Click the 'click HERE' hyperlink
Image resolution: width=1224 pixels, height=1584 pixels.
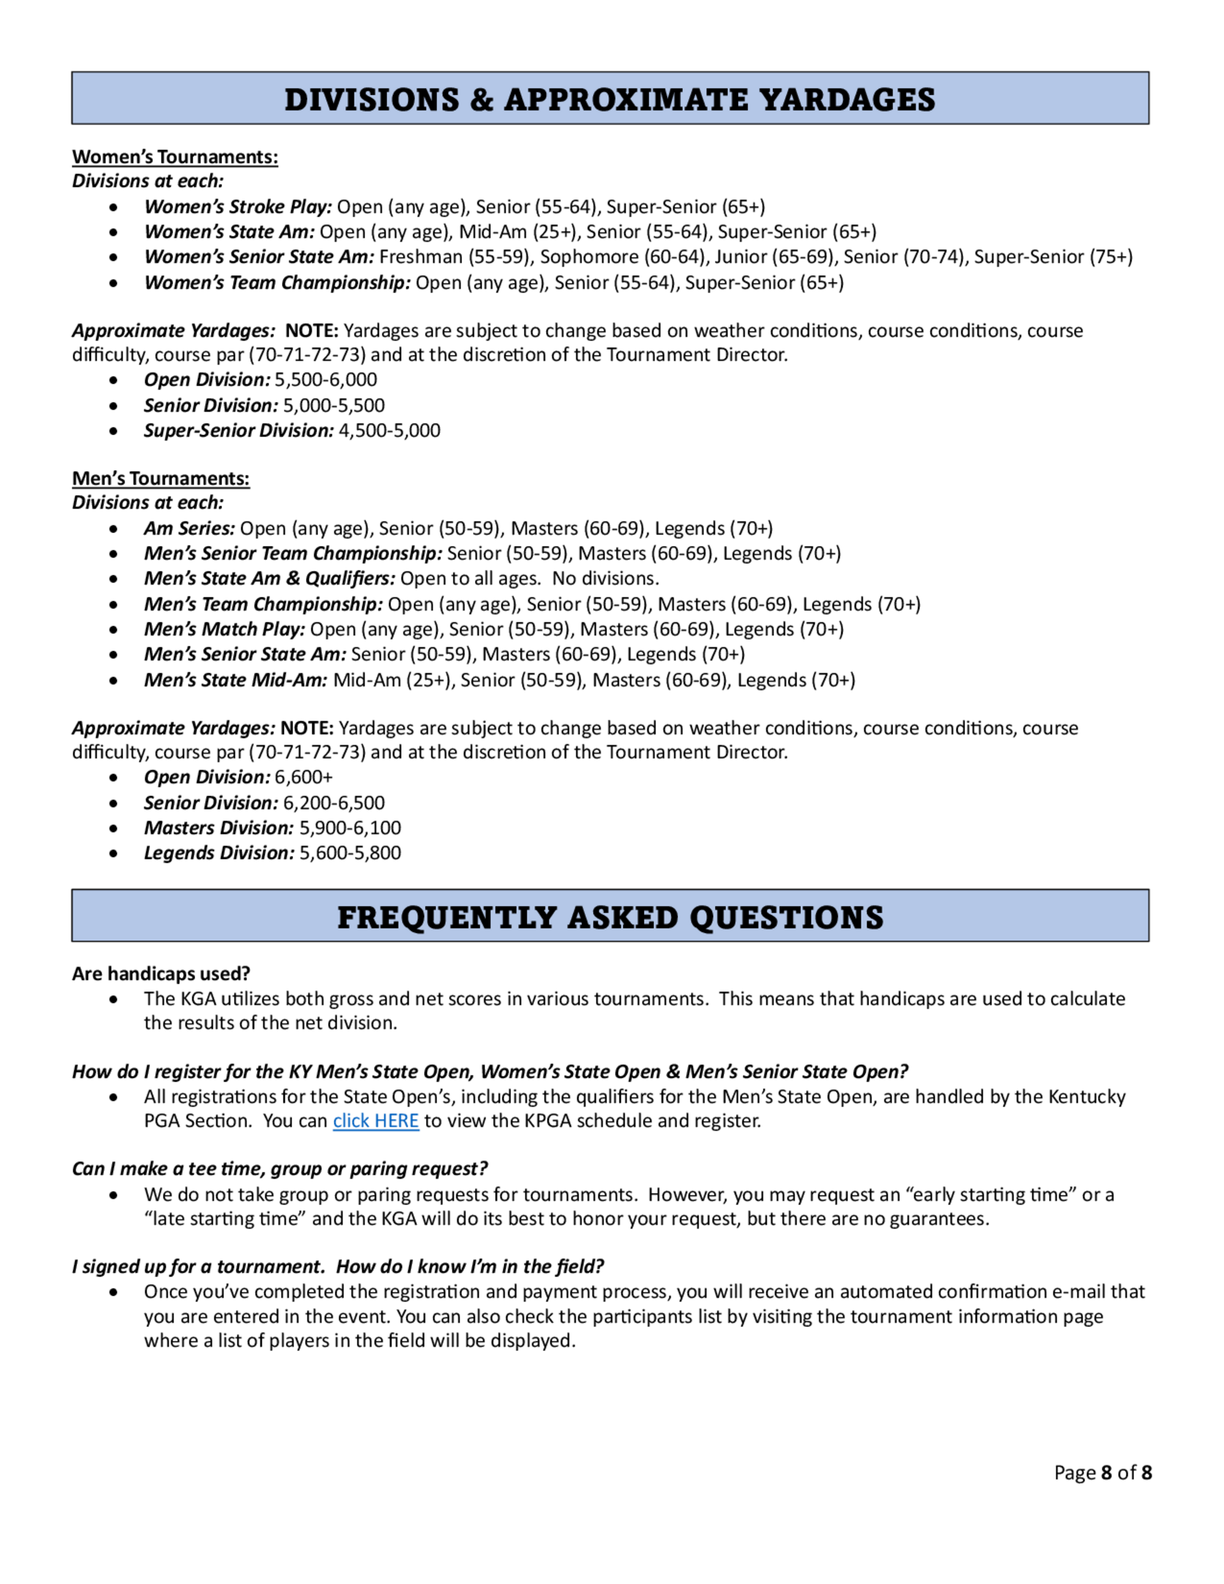[376, 1121]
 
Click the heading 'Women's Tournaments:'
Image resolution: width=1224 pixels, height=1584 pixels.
[175, 157]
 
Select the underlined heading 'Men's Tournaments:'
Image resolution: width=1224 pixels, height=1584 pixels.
[160, 478]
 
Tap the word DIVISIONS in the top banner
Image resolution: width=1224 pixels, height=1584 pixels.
[372, 99]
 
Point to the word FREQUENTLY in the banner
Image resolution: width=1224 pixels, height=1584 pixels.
[446, 917]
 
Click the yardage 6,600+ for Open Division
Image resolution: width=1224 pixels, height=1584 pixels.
[303, 777]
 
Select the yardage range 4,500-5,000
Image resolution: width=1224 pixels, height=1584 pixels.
[389, 430]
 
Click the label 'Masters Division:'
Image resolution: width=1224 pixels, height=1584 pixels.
[218, 827]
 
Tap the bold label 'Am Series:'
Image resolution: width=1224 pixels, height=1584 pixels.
[189, 528]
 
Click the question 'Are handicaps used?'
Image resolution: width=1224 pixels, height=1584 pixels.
[161, 973]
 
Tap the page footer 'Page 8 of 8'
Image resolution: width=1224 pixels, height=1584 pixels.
[1102, 1473]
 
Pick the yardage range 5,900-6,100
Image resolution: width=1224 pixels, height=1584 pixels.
[349, 827]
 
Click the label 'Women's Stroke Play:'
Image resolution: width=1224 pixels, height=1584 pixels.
[238, 207]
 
